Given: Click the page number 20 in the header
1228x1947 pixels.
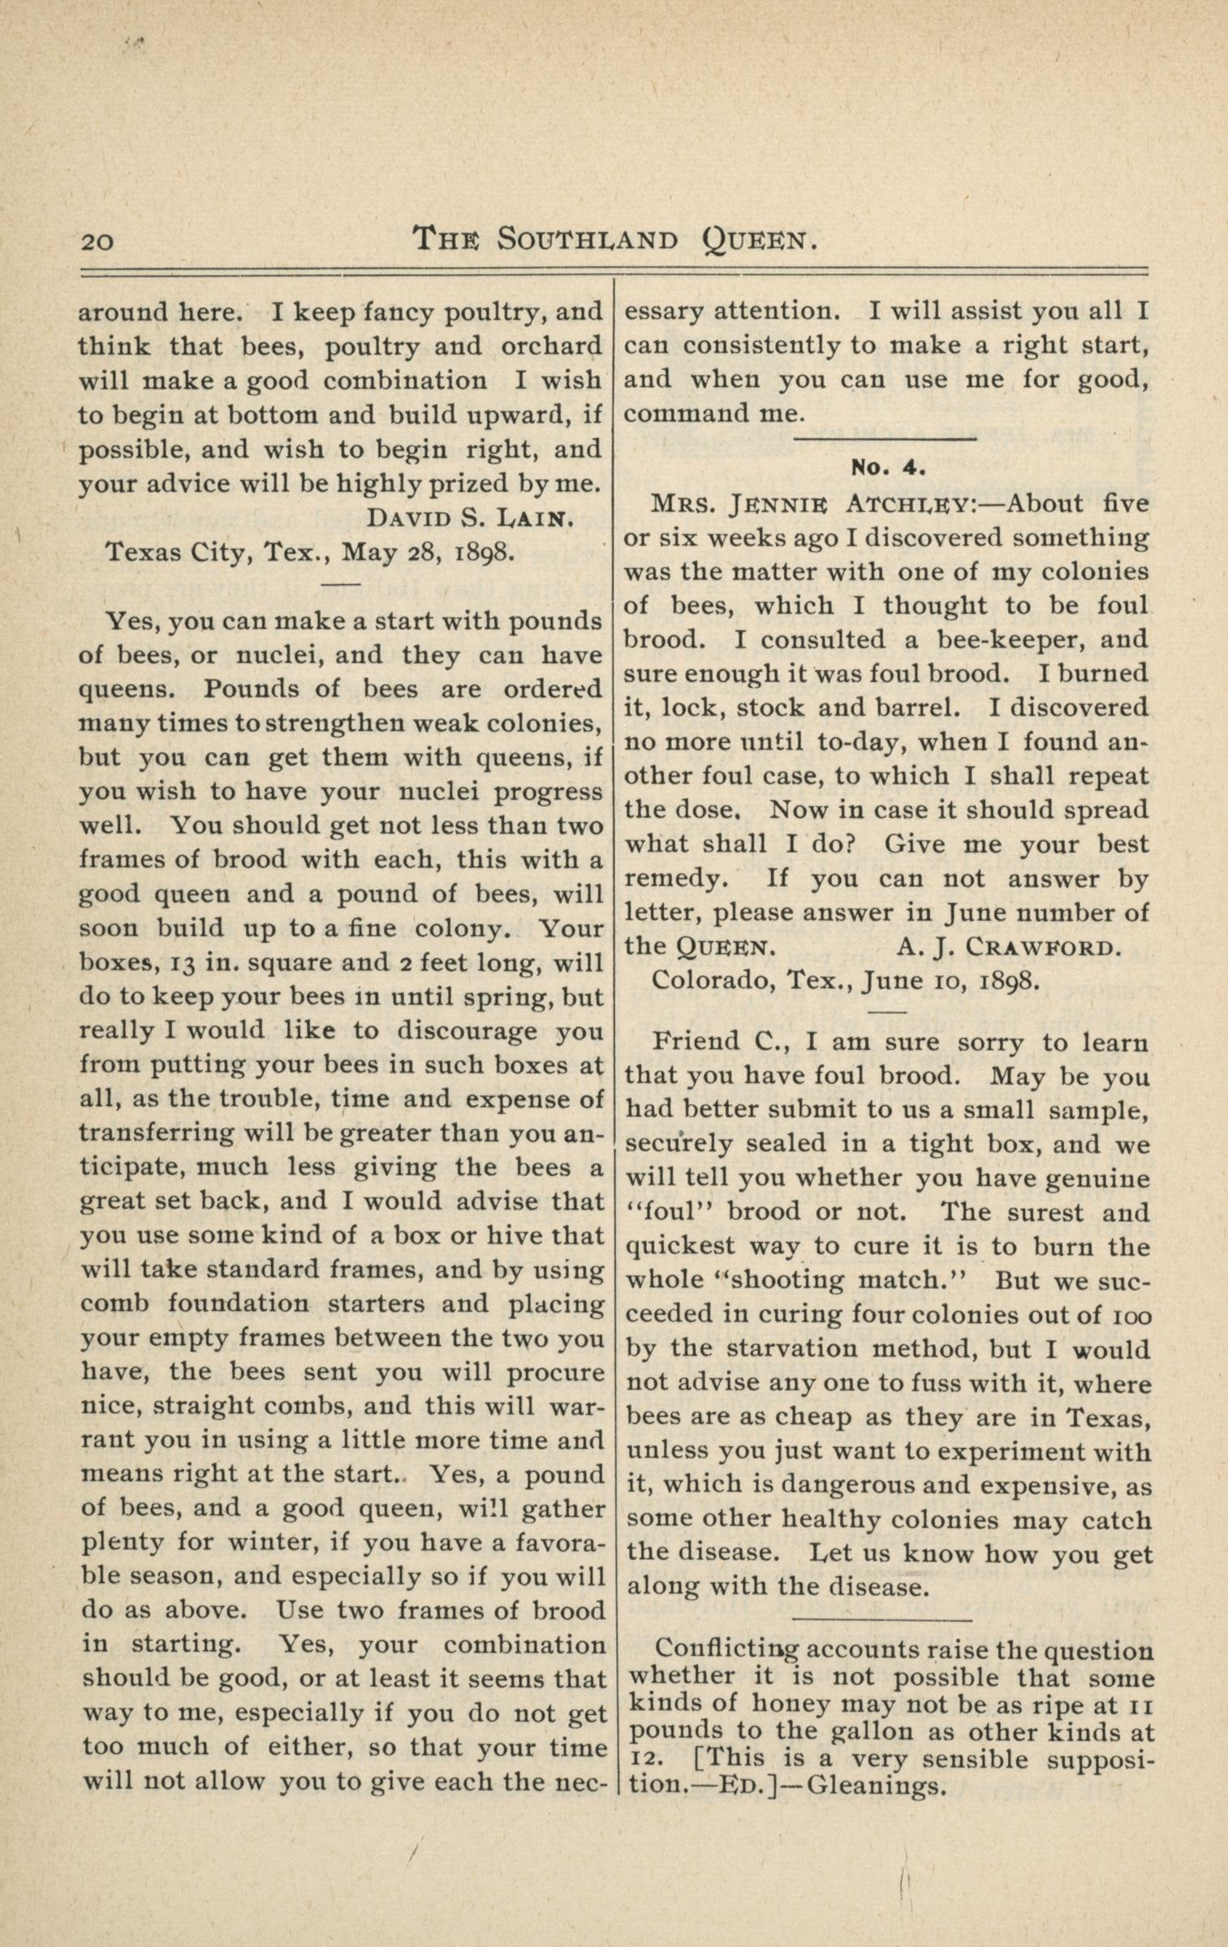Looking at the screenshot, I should pyautogui.click(x=97, y=242).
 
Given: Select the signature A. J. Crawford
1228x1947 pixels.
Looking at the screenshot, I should pyautogui.click(x=1010, y=948).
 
